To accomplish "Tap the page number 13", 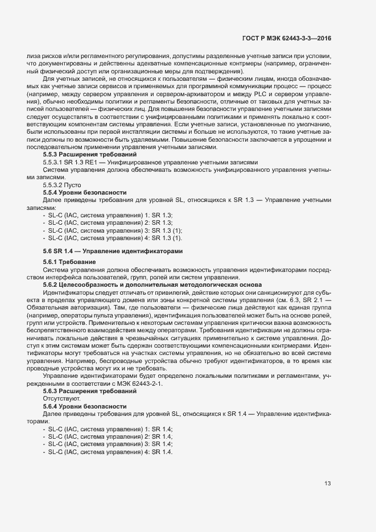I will (328, 484).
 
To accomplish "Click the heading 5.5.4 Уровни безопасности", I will (85, 193).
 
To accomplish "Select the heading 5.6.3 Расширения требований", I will (90, 391).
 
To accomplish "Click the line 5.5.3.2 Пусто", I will (62, 185).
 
